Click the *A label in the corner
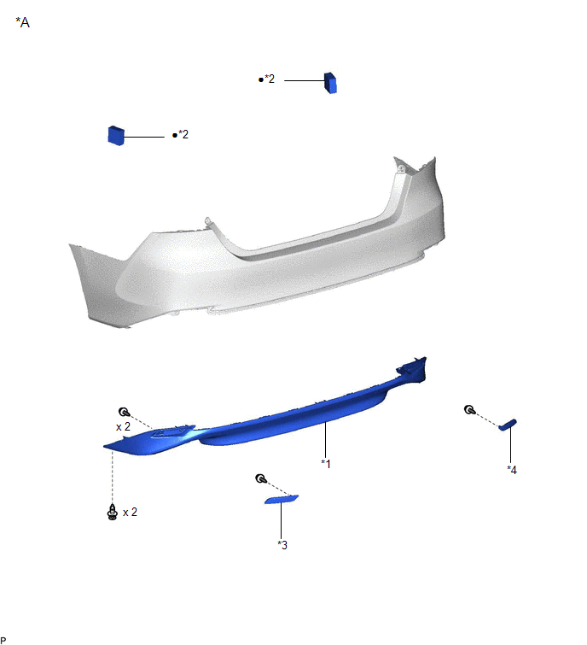[22, 22]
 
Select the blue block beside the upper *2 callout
[330, 83]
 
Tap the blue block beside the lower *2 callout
[116, 135]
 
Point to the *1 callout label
[326, 463]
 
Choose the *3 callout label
[282, 545]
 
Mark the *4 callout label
[512, 469]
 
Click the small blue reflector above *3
[282, 500]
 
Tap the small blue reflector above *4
[508, 425]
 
